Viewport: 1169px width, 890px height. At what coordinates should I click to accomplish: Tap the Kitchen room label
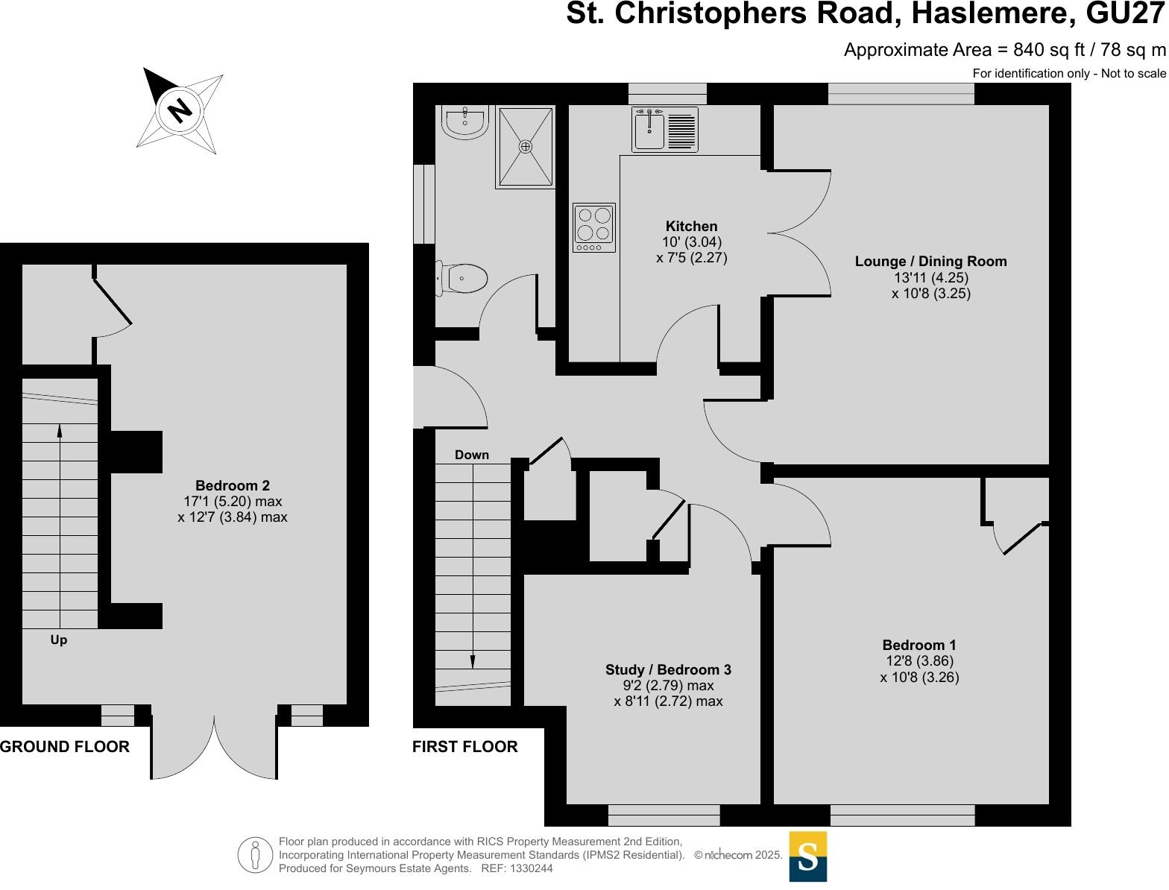click(x=691, y=227)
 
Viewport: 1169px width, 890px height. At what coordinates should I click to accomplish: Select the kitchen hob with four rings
click(x=594, y=227)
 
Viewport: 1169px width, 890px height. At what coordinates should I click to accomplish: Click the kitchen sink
click(x=649, y=130)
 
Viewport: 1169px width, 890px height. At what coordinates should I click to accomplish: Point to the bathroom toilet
click(x=462, y=279)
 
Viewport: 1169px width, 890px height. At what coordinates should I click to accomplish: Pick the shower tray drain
click(x=526, y=147)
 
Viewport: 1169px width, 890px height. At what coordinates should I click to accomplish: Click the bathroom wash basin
click(x=464, y=121)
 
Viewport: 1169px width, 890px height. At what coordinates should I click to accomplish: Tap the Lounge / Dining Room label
click(x=930, y=262)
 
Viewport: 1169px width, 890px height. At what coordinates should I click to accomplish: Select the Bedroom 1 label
click(x=918, y=646)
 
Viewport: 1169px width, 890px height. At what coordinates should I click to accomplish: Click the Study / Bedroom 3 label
click(x=668, y=670)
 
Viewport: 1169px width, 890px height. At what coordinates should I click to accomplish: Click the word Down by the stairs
click(x=472, y=455)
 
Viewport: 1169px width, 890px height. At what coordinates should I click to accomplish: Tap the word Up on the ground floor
click(x=59, y=640)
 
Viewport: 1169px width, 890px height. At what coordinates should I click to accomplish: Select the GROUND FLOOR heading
click(x=65, y=746)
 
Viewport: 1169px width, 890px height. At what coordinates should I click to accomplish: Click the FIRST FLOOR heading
click(x=464, y=746)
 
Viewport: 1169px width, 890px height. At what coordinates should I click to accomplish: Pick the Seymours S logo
click(x=808, y=856)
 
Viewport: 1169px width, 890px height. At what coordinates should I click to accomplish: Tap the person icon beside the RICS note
click(x=256, y=855)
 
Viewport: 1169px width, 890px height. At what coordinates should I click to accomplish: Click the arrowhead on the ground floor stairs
click(x=60, y=430)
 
